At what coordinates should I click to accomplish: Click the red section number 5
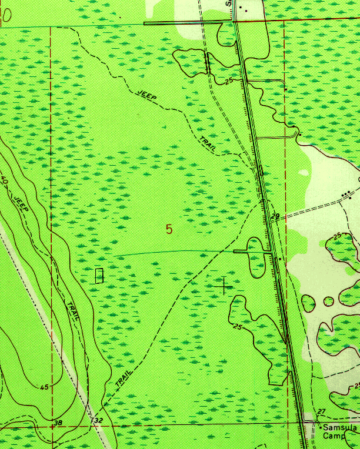point(169,229)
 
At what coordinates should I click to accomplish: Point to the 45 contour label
point(45,387)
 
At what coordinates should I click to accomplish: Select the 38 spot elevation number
point(57,423)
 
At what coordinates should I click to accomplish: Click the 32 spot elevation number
point(98,421)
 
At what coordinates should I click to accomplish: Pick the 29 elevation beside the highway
point(275,217)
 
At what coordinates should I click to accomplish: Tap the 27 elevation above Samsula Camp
point(321,411)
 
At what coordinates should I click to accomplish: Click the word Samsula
point(340,428)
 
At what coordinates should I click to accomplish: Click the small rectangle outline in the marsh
point(99,275)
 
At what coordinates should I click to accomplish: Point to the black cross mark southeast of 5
point(224,285)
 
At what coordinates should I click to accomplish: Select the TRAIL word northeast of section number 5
point(208,145)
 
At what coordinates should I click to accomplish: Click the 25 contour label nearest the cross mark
point(238,327)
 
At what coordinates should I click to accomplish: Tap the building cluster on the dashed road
point(347,194)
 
